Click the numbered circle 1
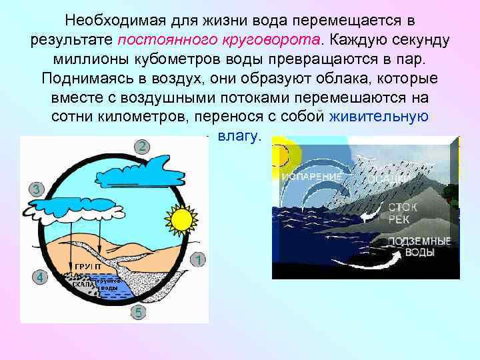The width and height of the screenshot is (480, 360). (x=198, y=259)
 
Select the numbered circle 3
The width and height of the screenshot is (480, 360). (x=37, y=189)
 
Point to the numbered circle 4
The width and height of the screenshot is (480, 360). (x=40, y=278)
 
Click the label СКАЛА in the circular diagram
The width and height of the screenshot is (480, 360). (x=84, y=283)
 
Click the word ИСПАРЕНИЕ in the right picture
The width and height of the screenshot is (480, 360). (x=311, y=177)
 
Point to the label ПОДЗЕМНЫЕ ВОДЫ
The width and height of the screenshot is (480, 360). (x=419, y=247)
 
